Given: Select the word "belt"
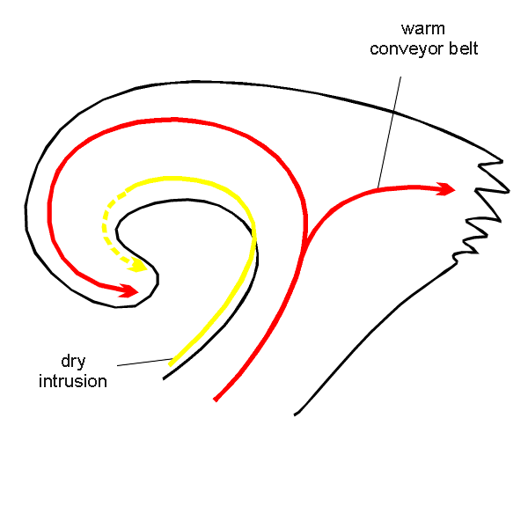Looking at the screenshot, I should (x=463, y=48).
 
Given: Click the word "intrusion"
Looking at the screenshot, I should (x=73, y=381).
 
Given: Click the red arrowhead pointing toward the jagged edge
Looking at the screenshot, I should (x=446, y=188).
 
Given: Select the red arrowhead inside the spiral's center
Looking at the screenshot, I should (x=128, y=290).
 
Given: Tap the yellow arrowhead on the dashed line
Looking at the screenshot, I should (x=137, y=264).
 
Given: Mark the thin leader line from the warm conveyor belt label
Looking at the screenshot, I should (x=389, y=132).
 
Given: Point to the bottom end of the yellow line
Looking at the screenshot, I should (x=171, y=363).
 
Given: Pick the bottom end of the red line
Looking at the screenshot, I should (x=216, y=400).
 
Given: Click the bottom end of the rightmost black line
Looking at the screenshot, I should (x=297, y=414).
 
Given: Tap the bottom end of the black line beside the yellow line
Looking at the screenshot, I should (x=164, y=378).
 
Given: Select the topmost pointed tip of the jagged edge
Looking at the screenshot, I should (x=502, y=160).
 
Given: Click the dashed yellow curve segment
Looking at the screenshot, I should (x=106, y=220).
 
